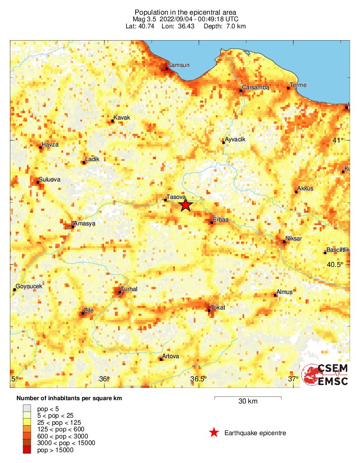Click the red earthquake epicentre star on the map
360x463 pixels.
click(x=185, y=205)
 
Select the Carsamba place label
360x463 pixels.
click(x=255, y=87)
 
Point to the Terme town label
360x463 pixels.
click(x=298, y=85)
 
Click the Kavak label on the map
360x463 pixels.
click(x=121, y=118)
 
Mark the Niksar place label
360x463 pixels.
click(x=293, y=239)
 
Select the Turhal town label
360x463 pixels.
click(x=129, y=289)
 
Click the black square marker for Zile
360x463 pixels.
click(x=83, y=313)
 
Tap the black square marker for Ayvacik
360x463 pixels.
click(x=223, y=142)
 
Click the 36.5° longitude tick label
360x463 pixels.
click(x=198, y=379)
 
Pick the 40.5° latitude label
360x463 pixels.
click(x=334, y=265)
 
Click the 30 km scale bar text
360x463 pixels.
click(x=248, y=402)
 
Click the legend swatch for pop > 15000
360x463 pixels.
click(x=27, y=450)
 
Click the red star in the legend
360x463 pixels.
click(x=214, y=432)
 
